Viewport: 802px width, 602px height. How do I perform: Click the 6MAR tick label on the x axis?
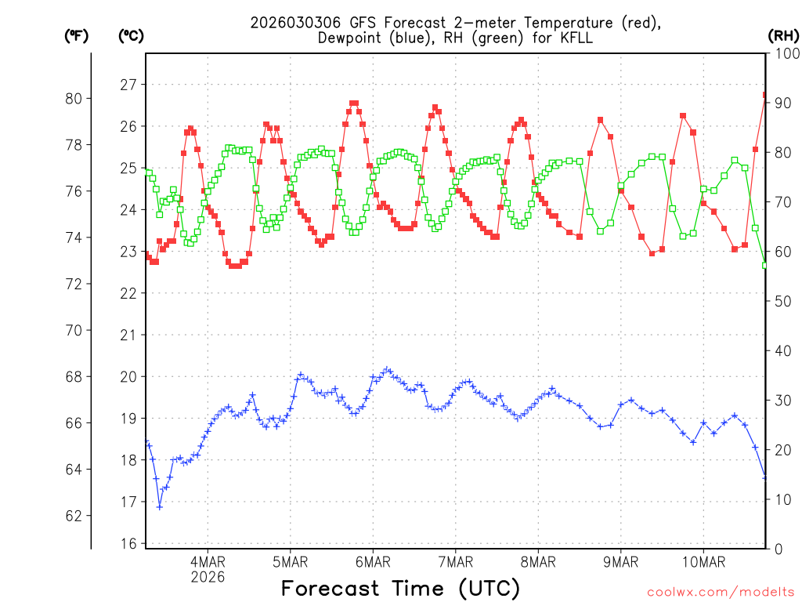click(373, 561)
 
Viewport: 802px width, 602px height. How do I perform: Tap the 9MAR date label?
click(621, 561)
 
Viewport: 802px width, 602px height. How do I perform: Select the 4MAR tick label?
click(208, 561)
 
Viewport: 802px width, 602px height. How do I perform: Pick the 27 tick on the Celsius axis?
click(128, 85)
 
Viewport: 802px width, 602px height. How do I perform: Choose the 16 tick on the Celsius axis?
click(128, 544)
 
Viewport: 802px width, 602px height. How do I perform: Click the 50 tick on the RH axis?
click(782, 301)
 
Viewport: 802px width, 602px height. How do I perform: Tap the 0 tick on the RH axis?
click(778, 549)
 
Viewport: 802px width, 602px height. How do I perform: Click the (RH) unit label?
click(782, 35)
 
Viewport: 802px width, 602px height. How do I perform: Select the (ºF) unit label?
click(76, 35)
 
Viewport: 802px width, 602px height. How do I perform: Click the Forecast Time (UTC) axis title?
click(400, 588)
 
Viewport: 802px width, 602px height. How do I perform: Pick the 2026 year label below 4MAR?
click(208, 577)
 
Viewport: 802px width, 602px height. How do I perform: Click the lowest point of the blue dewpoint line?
click(160, 507)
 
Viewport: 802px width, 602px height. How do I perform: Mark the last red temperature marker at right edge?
click(765, 95)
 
